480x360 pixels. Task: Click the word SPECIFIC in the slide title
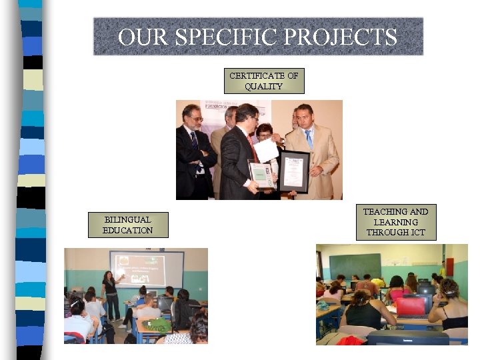[223, 37]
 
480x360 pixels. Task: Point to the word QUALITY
[264, 87]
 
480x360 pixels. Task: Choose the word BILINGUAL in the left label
[128, 219]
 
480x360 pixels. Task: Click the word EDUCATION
[128, 231]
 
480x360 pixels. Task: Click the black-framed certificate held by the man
[294, 171]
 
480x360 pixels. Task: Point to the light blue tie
[309, 139]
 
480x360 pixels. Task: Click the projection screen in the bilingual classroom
[147, 268]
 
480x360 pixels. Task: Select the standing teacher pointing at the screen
[110, 293]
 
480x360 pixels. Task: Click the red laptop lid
[410, 306]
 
